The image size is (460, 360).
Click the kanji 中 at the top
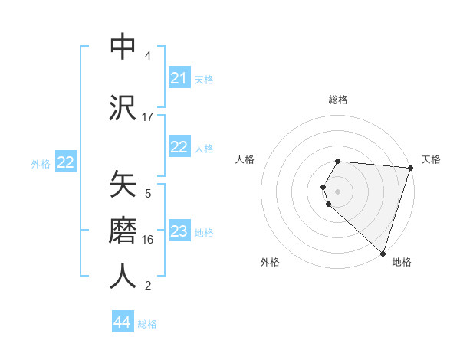coord(123,46)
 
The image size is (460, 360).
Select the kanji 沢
coord(123,108)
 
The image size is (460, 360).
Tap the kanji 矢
coord(123,184)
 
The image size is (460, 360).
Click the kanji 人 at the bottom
coord(123,277)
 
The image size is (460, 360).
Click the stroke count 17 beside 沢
coord(148,117)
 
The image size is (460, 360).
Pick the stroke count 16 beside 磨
coord(148,240)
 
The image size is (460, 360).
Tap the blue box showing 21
coord(179,78)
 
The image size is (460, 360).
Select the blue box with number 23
coord(179,232)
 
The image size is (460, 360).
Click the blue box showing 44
coord(123,322)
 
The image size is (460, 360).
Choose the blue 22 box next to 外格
coord(66,162)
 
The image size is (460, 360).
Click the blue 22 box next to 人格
coord(179,148)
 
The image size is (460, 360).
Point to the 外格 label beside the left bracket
coord(41,163)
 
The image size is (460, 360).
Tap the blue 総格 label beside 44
coord(147,323)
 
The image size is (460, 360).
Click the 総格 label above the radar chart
coord(338,100)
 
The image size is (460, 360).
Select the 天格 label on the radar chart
coord(432,159)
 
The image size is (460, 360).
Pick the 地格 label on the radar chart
coord(402,262)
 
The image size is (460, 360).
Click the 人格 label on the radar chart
coord(245,159)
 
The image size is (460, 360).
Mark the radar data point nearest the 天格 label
coord(410,168)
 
